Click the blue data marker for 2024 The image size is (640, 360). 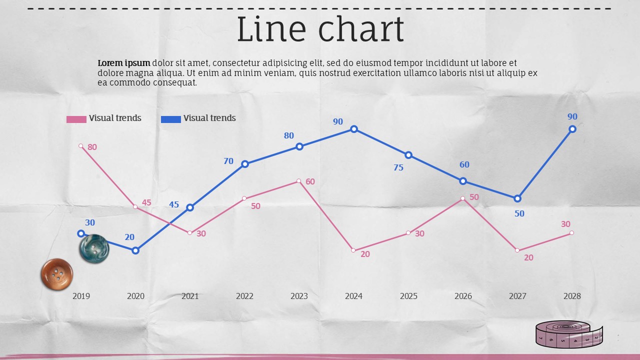pyautogui.click(x=354, y=129)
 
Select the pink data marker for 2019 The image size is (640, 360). pyautogui.click(x=81, y=146)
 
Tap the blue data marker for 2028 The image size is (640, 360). pyautogui.click(x=572, y=129)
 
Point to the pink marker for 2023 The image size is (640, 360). pyautogui.click(x=298, y=181)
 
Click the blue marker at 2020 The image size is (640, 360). pyautogui.click(x=135, y=250)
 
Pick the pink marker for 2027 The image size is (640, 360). pyautogui.click(x=517, y=250)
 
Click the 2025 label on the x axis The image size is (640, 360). pyautogui.click(x=408, y=296)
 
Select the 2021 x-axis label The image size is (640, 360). pyautogui.click(x=190, y=296)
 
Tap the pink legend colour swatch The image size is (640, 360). pyautogui.click(x=76, y=119)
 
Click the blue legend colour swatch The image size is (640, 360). pyautogui.click(x=171, y=119)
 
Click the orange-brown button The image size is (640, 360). pyautogui.click(x=56, y=274)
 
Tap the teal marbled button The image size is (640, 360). pyautogui.click(x=94, y=248)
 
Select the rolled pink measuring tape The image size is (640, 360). pyautogui.click(x=569, y=333)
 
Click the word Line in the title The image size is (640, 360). pyautogui.click(x=270, y=29)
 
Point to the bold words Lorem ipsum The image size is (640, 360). pyautogui.click(x=124, y=63)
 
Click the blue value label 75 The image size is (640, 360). pyautogui.click(x=398, y=167)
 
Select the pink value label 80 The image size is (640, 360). pyautogui.click(x=92, y=147)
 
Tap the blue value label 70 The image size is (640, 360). pyautogui.click(x=228, y=161)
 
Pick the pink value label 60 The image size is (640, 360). pyautogui.click(x=310, y=181)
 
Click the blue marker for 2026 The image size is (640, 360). pyautogui.click(x=463, y=181)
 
